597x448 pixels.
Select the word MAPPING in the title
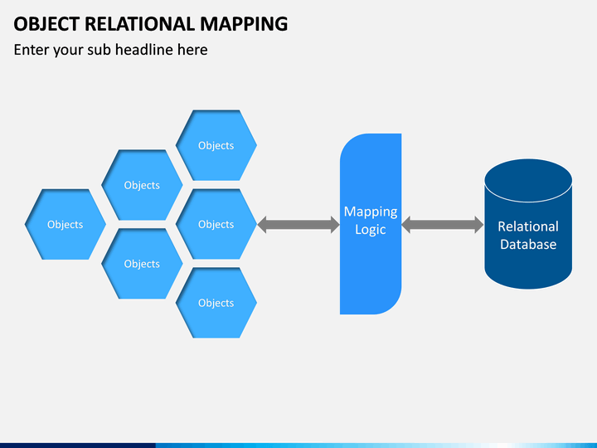(x=244, y=24)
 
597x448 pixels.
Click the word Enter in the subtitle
(x=32, y=50)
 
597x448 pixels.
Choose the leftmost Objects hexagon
(x=66, y=224)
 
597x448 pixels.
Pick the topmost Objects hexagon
(x=216, y=145)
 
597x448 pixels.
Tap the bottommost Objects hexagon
(x=216, y=303)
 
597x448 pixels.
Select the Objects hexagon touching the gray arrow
(x=216, y=224)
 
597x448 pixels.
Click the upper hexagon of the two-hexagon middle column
(x=142, y=185)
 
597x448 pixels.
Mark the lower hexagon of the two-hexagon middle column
(x=142, y=264)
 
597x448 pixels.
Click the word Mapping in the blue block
(x=371, y=212)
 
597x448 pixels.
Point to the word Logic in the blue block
(x=371, y=230)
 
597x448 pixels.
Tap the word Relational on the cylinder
(x=528, y=226)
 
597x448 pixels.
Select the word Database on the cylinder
(x=528, y=244)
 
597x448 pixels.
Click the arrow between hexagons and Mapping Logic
(x=298, y=224)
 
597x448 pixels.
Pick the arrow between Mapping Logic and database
(x=443, y=224)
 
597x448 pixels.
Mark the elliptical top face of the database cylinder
(x=528, y=180)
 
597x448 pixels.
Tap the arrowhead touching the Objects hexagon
(x=262, y=224)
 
